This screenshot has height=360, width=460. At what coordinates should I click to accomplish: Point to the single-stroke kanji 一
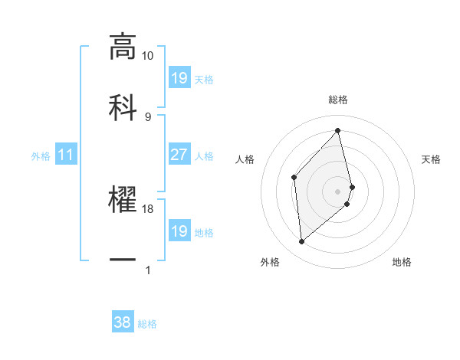[123, 260]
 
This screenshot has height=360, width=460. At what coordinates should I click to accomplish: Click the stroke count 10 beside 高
[148, 56]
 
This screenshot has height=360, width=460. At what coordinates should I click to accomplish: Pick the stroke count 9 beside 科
[148, 116]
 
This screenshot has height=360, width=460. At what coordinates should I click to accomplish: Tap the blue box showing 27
[179, 155]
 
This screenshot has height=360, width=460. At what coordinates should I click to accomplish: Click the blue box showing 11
[66, 155]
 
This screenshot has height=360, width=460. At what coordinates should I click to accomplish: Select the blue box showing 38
[123, 323]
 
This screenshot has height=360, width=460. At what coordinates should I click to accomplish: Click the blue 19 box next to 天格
[179, 78]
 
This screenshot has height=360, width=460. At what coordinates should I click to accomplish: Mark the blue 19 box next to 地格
[179, 231]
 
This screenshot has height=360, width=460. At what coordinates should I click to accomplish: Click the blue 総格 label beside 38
[147, 324]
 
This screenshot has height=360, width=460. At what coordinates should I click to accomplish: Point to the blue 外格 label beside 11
[41, 156]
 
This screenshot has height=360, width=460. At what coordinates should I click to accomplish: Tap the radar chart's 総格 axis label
[338, 100]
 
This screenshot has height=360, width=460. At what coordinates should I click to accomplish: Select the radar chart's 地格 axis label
[402, 262]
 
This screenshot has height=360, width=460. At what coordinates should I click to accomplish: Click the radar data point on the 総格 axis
[338, 131]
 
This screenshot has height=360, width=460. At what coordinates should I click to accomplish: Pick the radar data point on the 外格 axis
[301, 241]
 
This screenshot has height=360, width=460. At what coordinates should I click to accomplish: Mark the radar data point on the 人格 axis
[294, 178]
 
